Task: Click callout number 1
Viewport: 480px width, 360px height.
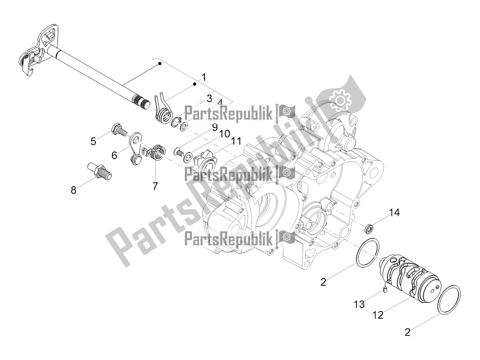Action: point(204,77)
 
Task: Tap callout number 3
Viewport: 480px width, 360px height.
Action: point(209,99)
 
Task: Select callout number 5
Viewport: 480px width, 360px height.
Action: point(94,142)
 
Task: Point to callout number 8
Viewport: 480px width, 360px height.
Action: point(74,190)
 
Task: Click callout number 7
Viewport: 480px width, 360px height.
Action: point(155,186)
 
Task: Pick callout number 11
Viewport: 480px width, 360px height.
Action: point(236,141)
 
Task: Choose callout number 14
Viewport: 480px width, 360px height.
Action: point(394,213)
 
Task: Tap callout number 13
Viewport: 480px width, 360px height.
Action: point(359,304)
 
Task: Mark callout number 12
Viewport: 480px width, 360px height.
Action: point(378,315)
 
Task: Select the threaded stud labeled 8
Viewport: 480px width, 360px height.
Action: point(100,170)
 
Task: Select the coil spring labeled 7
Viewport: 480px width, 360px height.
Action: point(154,152)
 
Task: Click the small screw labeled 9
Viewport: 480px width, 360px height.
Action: point(179,152)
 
